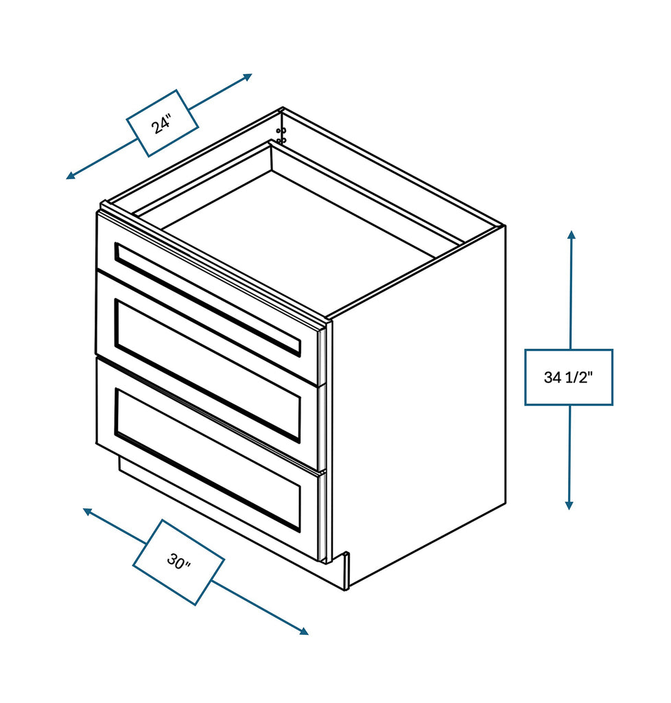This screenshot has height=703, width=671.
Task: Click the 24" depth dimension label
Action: pos(162,124)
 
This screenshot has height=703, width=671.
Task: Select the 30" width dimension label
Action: pos(178,562)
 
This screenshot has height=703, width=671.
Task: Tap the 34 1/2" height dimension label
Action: pos(568,377)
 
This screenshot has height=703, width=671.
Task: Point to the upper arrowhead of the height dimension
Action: pos(571,235)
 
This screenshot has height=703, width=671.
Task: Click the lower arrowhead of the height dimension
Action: pos(569,505)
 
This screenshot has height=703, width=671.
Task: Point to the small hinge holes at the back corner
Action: pos(281,135)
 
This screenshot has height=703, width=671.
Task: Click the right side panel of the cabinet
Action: pos(419,412)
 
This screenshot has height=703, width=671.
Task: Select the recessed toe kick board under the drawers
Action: pos(220,522)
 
